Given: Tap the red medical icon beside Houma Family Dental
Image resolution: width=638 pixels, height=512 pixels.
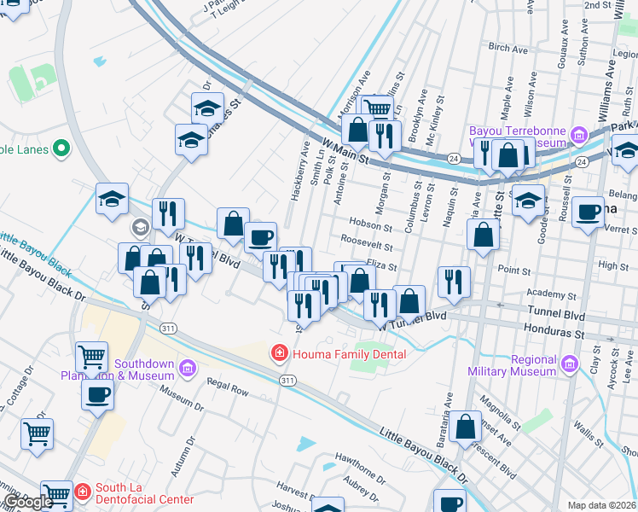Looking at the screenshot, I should click(278, 352).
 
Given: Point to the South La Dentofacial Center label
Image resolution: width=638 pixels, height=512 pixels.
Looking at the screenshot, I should click(144, 493).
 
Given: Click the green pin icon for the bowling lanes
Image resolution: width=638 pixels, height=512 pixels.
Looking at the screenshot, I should click(61, 149).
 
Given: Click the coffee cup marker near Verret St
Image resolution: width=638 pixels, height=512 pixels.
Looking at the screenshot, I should click(588, 213).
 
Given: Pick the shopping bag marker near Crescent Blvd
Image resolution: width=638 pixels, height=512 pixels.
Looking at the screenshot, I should click(467, 428).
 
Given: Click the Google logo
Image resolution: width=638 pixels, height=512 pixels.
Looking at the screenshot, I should click(28, 502).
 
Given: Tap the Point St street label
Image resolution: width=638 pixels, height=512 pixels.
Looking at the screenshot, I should click(514, 271).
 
